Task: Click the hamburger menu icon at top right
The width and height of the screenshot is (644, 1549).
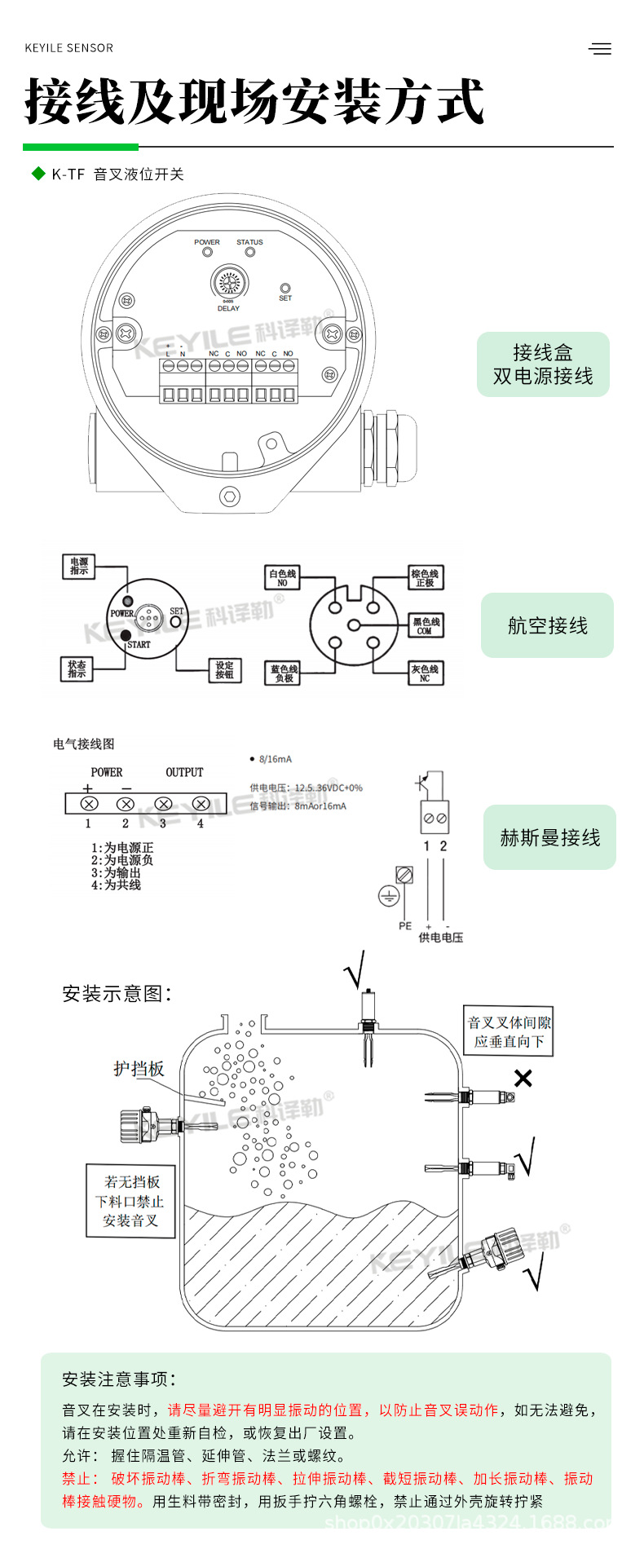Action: [600, 49]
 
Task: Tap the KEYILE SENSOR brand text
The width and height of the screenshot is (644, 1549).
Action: [69, 48]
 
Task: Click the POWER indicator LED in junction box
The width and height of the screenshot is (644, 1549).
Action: [208, 253]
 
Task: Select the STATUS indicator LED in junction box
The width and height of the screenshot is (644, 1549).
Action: [250, 253]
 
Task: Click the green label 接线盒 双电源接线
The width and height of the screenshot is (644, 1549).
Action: [543, 364]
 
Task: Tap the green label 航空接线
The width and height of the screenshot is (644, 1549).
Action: [547, 625]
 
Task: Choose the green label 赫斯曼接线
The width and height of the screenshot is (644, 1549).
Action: [549, 837]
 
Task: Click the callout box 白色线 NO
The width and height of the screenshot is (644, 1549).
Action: [282, 578]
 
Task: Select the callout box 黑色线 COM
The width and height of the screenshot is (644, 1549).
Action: [425, 626]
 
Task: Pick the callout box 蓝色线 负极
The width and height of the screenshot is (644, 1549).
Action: [283, 673]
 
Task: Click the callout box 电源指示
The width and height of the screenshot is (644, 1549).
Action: [79, 567]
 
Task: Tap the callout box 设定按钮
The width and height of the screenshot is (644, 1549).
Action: [224, 670]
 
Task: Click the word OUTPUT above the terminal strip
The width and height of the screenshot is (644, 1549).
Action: [184, 772]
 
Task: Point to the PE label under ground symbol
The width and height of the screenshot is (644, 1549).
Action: [405, 926]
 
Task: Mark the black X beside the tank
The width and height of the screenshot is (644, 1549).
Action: [523, 1079]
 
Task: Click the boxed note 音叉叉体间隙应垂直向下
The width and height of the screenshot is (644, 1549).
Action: [509, 1032]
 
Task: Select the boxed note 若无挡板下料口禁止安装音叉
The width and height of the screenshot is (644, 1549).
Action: [130, 1201]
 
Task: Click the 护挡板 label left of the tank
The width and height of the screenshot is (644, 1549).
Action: [139, 1069]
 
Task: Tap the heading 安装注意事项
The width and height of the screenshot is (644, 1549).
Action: [119, 1379]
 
